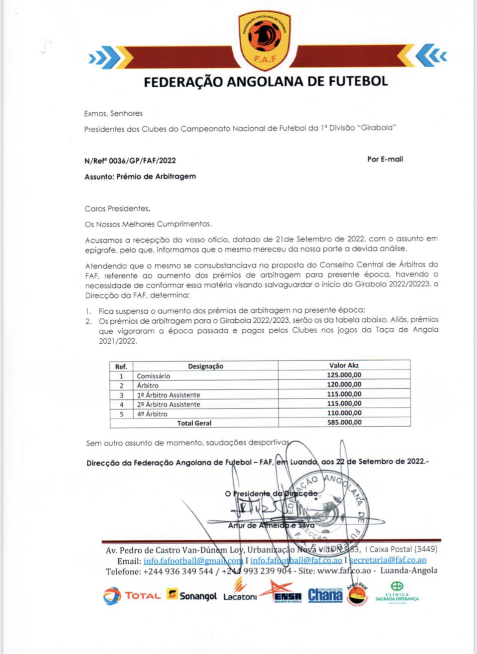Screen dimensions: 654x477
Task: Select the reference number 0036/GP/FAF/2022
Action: (x=142, y=161)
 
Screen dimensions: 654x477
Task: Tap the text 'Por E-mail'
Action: (x=385, y=159)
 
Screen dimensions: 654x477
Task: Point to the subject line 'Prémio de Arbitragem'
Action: (x=156, y=176)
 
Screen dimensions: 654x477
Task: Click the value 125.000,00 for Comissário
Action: (x=344, y=375)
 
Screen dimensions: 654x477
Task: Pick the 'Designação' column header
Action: (x=206, y=366)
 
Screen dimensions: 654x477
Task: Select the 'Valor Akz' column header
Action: (x=344, y=365)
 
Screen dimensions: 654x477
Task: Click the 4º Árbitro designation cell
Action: (x=152, y=414)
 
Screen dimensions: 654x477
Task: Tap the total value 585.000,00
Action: (x=344, y=422)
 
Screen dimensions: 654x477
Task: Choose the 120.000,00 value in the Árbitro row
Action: (x=344, y=384)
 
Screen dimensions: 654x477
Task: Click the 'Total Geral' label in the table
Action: (x=194, y=423)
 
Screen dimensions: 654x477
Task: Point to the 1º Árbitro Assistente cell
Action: (x=169, y=395)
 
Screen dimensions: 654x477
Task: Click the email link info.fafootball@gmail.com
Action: (x=193, y=561)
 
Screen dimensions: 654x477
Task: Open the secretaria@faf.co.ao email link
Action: (x=388, y=560)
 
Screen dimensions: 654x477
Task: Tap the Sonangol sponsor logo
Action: (x=192, y=595)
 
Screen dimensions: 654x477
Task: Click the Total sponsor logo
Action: (x=132, y=596)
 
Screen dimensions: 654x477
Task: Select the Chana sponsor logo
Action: (x=325, y=595)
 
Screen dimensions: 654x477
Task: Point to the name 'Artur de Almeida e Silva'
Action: (x=271, y=525)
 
